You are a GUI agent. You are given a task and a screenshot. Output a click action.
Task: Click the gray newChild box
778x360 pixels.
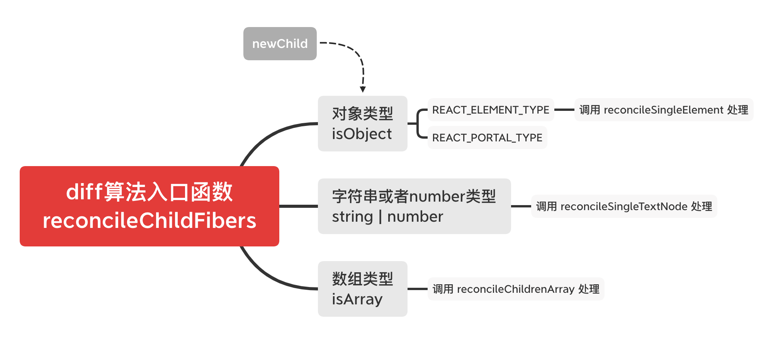(x=280, y=44)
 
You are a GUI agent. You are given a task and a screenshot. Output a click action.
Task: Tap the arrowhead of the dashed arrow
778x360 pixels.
(x=363, y=89)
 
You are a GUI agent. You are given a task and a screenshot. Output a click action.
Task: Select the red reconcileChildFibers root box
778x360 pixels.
(x=149, y=206)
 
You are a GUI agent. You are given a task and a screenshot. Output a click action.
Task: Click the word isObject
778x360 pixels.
(x=362, y=134)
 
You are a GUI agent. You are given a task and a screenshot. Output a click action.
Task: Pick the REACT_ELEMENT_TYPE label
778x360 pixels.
(x=491, y=110)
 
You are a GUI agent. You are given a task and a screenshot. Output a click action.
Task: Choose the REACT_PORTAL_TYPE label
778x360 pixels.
(x=487, y=138)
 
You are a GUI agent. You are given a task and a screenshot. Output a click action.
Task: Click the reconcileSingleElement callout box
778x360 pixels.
(x=664, y=110)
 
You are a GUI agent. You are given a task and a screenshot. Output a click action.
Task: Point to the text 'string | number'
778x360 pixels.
(x=387, y=217)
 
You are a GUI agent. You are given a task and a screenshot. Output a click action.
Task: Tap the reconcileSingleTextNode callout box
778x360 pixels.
(x=624, y=207)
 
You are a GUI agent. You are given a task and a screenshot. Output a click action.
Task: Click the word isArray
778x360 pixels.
(x=357, y=299)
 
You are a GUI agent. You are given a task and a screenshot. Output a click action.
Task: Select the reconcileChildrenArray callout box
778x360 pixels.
(x=516, y=289)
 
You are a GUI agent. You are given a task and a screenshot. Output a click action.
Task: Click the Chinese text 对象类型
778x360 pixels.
(x=362, y=114)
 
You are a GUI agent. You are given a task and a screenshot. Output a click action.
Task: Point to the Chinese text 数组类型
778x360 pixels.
(x=362, y=279)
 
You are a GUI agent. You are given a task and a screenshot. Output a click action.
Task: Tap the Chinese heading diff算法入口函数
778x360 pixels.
(x=149, y=192)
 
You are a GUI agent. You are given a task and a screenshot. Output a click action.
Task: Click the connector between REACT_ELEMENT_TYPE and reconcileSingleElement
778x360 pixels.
(x=564, y=110)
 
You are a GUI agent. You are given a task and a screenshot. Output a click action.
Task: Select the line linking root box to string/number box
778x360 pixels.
(x=298, y=206)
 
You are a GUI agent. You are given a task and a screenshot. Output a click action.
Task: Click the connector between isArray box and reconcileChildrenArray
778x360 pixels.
(x=418, y=289)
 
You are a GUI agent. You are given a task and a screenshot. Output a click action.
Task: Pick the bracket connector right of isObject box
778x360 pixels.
(x=418, y=124)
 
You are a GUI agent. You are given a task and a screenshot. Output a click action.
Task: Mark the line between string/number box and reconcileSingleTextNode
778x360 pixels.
(x=521, y=206)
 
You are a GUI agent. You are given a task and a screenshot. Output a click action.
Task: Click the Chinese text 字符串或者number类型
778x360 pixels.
(x=414, y=197)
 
